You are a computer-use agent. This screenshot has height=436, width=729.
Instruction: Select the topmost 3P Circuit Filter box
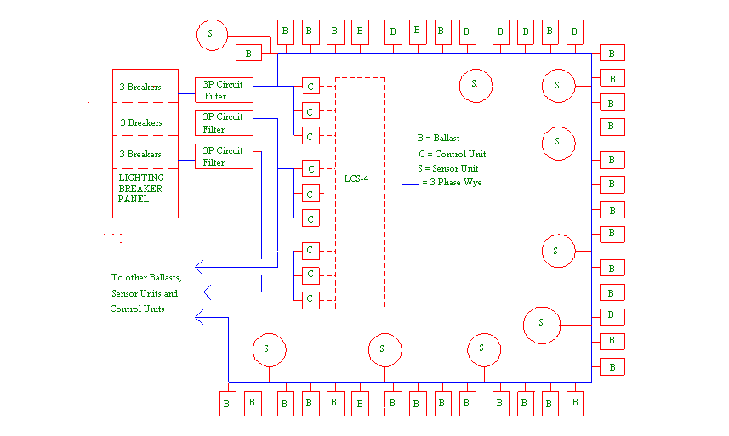[x=224, y=89]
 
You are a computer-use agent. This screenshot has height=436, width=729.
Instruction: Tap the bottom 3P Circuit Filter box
[x=224, y=156]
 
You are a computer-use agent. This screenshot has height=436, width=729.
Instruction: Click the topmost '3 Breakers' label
[x=140, y=87]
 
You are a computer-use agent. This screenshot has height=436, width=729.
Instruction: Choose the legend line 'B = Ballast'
[x=438, y=138]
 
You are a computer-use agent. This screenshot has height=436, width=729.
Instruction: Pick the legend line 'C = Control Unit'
[x=452, y=154]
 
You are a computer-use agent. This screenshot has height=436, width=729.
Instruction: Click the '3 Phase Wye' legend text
[x=456, y=182]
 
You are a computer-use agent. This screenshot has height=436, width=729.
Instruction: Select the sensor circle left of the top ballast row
[x=212, y=35]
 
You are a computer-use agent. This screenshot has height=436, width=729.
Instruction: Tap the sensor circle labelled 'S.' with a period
[x=476, y=84]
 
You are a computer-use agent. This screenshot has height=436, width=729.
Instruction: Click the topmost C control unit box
[x=310, y=87]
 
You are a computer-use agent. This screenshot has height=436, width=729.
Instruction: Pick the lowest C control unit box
[x=310, y=298]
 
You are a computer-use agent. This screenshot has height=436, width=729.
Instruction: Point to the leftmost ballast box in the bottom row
[x=227, y=404]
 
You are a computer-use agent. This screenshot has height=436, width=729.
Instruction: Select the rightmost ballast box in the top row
[x=575, y=32]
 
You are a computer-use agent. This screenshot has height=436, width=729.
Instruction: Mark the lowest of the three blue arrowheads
[x=200, y=317]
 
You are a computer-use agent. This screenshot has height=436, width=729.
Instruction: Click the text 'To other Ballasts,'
[x=146, y=278]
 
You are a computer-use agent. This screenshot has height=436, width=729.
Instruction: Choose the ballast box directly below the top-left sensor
[x=248, y=54]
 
